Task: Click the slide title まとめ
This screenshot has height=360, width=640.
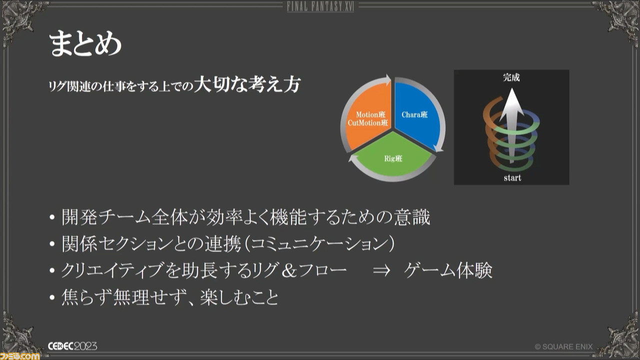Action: pyautogui.click(x=85, y=43)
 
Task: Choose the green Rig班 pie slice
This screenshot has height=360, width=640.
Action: pyautogui.click(x=393, y=155)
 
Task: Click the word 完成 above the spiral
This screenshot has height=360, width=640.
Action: pyautogui.click(x=511, y=77)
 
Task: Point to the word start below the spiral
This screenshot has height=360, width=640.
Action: pyautogui.click(x=512, y=178)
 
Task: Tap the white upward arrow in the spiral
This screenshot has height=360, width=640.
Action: pyautogui.click(x=511, y=125)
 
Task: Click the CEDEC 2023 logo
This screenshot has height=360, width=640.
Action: pyautogui.click(x=72, y=346)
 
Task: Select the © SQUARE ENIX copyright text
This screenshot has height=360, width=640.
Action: pyautogui.click(x=563, y=347)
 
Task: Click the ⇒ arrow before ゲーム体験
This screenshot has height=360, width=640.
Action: pyautogui.click(x=381, y=270)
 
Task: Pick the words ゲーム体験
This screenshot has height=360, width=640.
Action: pyautogui.click(x=448, y=270)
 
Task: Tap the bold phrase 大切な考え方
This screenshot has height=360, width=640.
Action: pyautogui.click(x=247, y=84)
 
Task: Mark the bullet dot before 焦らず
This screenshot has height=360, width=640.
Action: pyautogui.click(x=52, y=297)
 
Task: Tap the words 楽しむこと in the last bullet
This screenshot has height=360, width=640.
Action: pyautogui.click(x=239, y=297)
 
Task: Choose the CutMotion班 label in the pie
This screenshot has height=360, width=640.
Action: pyautogui.click(x=367, y=123)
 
